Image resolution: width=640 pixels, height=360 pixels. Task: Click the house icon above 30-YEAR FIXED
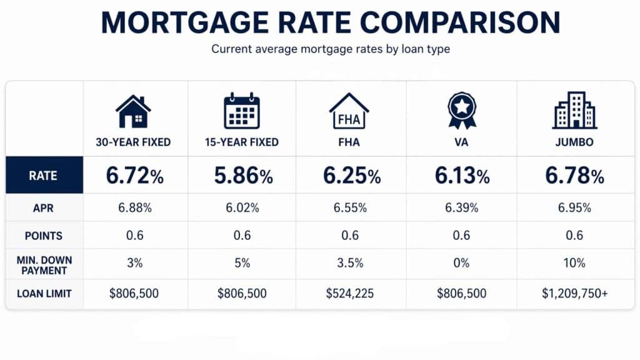tap(133, 111)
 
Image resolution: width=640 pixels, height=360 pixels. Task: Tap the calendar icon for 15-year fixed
tap(241, 111)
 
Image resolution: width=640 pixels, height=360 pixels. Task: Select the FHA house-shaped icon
tap(349, 111)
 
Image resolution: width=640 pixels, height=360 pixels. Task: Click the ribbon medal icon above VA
tap(462, 111)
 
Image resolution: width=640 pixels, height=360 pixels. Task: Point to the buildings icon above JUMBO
tap(574, 111)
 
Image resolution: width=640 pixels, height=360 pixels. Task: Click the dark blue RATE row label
tap(44, 176)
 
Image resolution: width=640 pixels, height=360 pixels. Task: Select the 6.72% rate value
tap(134, 176)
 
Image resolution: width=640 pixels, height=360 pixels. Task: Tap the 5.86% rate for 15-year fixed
tap(244, 176)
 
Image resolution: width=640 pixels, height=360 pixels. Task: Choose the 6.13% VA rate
tap(462, 176)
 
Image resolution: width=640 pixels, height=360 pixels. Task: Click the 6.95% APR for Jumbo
tap(574, 208)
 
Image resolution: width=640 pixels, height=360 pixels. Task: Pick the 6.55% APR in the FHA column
tap(351, 208)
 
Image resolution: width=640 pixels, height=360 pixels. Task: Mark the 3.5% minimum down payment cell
tap(351, 263)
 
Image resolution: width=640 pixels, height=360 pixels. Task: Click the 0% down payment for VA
tap(462, 263)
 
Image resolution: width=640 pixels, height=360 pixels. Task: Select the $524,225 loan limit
tap(351, 293)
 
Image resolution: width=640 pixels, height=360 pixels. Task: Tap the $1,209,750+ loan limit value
tap(574, 293)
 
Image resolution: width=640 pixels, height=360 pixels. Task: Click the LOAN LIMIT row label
tap(44, 293)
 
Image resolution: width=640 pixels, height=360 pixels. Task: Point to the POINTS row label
tap(44, 236)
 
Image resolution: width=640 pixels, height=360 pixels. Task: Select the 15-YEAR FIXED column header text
tap(241, 142)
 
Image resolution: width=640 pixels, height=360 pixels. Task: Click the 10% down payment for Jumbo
tap(574, 263)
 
